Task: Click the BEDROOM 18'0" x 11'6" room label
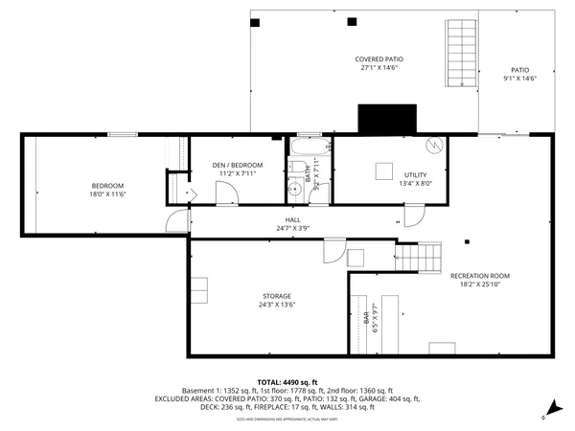pyautogui.click(x=107, y=190)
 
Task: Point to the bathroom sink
pyautogui.click(x=295, y=190)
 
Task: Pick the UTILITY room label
pyautogui.click(x=415, y=178)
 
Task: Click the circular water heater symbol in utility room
pyautogui.click(x=434, y=145)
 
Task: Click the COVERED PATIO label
pyautogui.click(x=378, y=63)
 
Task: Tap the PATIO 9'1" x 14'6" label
pyautogui.click(x=519, y=74)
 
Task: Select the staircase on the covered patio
pyautogui.click(x=461, y=53)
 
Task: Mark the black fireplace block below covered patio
pyautogui.click(x=384, y=119)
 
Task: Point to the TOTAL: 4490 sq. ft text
pyautogui.click(x=287, y=381)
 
